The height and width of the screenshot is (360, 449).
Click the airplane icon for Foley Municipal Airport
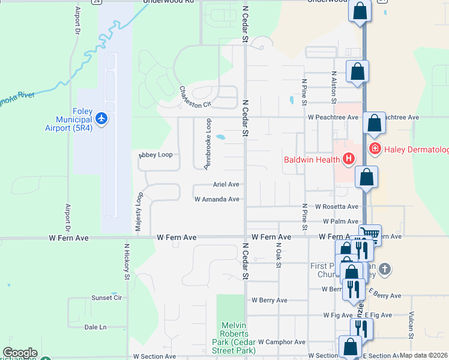pyautogui.click(x=101, y=119)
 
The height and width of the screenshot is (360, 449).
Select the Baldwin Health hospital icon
pyautogui.click(x=348, y=159)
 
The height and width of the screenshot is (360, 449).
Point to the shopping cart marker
pyautogui.click(x=370, y=233)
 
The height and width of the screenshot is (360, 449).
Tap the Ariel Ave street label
pyautogui.click(x=226, y=185)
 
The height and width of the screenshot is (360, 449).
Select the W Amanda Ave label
pyautogui.click(x=217, y=199)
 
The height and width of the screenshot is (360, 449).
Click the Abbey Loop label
pyautogui.click(x=155, y=155)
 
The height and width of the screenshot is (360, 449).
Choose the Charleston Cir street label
pyautogui.click(x=196, y=97)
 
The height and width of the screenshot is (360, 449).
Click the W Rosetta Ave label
pyautogui.click(x=336, y=206)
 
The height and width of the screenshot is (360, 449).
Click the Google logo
pyautogui.click(x=20, y=353)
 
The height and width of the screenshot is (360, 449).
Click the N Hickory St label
pyautogui.click(x=127, y=262)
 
